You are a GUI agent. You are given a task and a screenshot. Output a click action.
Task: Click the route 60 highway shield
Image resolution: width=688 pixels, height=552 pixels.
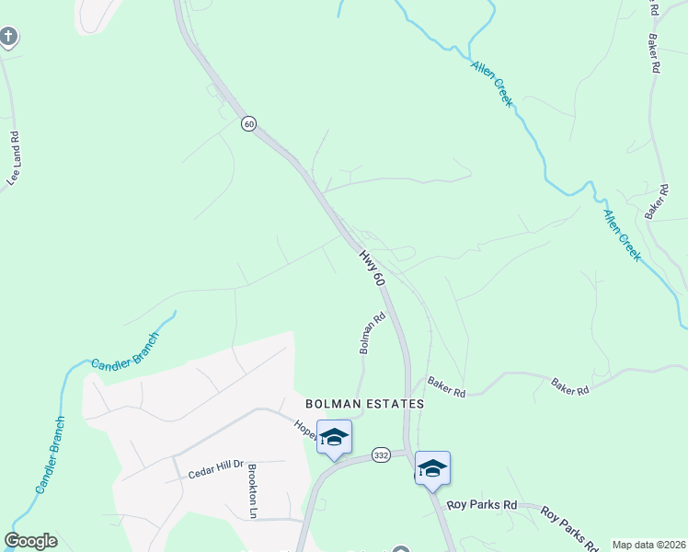pyautogui.click(x=248, y=123)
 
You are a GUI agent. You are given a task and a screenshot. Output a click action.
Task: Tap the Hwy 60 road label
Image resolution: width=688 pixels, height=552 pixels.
pyautogui.click(x=371, y=268)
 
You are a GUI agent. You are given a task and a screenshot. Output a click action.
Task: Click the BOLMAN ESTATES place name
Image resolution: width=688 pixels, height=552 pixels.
pyautogui.click(x=365, y=404)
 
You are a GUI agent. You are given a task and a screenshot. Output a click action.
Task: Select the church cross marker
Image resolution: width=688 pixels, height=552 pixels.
pyautogui.click(x=8, y=38)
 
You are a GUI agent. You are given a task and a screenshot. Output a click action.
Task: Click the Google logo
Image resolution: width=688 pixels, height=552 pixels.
pyautogui.click(x=30, y=541)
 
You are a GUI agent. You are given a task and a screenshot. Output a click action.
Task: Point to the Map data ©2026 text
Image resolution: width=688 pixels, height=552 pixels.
pyautogui.click(x=648, y=545)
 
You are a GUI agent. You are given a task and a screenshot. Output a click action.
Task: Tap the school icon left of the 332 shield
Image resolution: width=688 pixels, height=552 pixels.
pyautogui.click(x=334, y=437)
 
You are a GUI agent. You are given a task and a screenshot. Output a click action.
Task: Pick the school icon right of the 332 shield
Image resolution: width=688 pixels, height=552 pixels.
pyautogui.click(x=432, y=468)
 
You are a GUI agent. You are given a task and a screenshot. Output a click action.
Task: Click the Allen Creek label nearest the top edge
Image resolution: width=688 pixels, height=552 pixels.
pyautogui.click(x=492, y=84)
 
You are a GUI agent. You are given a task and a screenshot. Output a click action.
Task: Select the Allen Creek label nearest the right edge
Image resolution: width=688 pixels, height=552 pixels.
pyautogui.click(x=622, y=235)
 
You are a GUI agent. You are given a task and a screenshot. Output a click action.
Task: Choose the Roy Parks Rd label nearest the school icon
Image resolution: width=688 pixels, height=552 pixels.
pyautogui.click(x=483, y=505)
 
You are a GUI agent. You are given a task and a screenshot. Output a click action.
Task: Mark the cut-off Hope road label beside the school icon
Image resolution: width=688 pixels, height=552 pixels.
pyautogui.click(x=304, y=428)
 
